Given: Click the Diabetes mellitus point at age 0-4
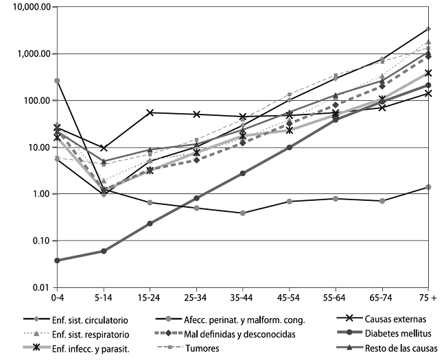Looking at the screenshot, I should click(58, 261).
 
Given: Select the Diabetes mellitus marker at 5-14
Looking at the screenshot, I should click(104, 251).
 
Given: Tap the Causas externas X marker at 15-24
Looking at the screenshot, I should click(150, 112).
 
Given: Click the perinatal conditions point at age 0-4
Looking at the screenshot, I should click(58, 81).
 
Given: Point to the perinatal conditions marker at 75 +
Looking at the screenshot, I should click(427, 187).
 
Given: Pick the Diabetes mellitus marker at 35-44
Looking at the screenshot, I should click(243, 173).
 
